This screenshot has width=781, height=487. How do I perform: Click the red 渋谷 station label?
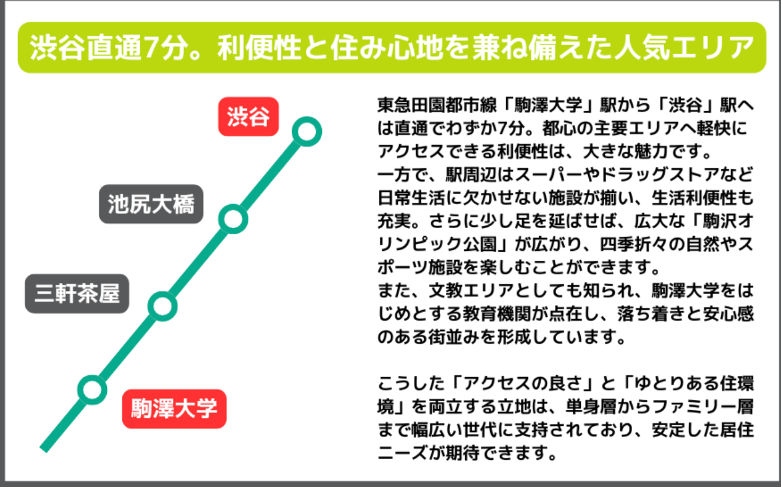(x=248, y=117)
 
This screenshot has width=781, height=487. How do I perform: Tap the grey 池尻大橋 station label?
(x=151, y=204)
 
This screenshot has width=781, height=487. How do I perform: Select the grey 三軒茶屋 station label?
(x=77, y=294)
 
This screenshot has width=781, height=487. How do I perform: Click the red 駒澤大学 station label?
(x=174, y=409)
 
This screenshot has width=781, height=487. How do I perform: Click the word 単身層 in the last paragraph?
(x=590, y=407)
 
